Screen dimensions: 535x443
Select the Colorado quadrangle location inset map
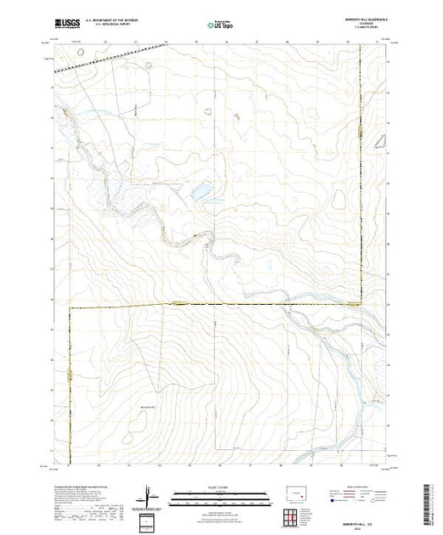point(296,492)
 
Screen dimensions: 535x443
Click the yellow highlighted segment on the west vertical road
point(70,374)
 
